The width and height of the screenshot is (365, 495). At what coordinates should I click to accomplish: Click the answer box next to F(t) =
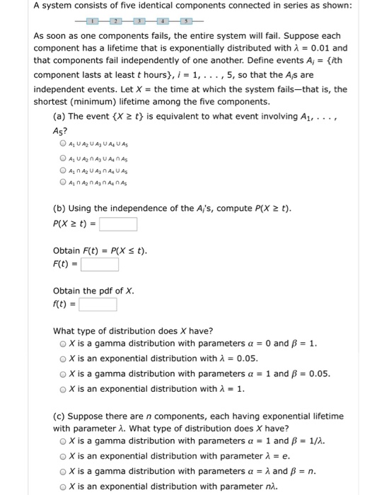click(99, 265)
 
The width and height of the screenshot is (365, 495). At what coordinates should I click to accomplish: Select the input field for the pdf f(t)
click(98, 305)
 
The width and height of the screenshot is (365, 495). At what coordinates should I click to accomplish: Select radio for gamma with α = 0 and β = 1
click(64, 344)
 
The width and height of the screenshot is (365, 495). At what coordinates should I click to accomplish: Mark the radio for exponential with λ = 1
click(64, 388)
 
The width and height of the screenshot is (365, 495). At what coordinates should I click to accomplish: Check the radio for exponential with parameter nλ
click(64, 487)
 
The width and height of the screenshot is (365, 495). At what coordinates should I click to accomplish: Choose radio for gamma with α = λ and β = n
click(64, 472)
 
